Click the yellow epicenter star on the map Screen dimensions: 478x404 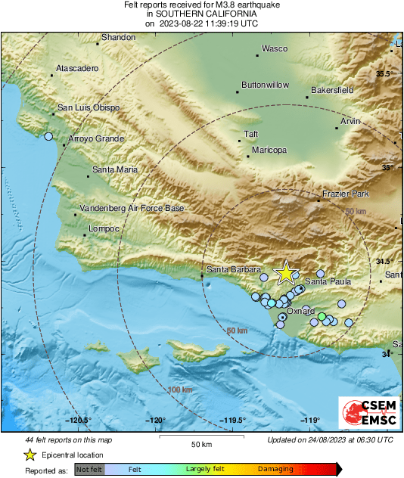pyautogui.click(x=286, y=273)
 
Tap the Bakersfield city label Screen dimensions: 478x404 pyautogui.click(x=332, y=90)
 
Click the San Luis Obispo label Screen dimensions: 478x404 pyautogui.click(x=89, y=108)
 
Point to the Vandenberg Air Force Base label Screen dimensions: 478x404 pyautogui.click(x=132, y=208)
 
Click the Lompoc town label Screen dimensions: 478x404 pyautogui.click(x=104, y=228)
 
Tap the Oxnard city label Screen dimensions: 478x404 pyautogui.click(x=301, y=311)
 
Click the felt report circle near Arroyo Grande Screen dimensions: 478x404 pyautogui.click(x=49, y=137)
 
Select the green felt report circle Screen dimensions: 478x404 pyautogui.click(x=322, y=316)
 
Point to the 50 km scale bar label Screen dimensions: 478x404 pyautogui.click(x=200, y=443)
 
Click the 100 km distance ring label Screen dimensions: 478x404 pyautogui.click(x=179, y=390)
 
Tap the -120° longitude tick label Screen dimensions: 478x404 pyautogui.click(x=156, y=421)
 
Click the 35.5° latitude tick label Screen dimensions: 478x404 pyautogui.click(x=386, y=73)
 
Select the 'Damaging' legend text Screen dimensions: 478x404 pyautogui.click(x=276, y=469)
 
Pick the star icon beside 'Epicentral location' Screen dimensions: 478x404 pyautogui.click(x=30, y=455)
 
